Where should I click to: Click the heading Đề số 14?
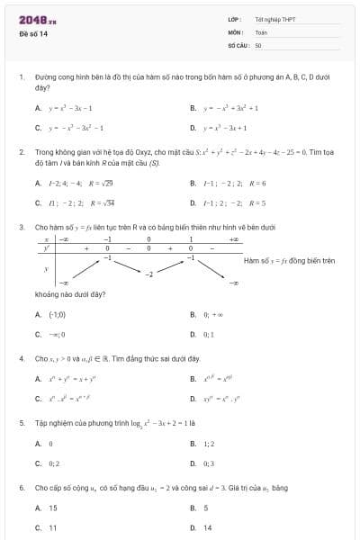[33, 34]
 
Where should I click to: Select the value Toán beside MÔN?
[261, 31]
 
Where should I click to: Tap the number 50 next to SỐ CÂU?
[258, 44]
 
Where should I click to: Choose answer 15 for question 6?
[52, 508]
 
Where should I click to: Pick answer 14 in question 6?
[208, 527]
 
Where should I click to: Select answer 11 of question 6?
[52, 527]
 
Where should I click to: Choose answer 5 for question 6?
[206, 508]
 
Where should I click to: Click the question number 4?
[21, 358]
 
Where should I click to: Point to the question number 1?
[21, 77]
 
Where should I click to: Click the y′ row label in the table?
[46, 247]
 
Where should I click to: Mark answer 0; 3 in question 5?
[209, 463]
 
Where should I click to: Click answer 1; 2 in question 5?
[209, 444]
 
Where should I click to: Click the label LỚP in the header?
[234, 19]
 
